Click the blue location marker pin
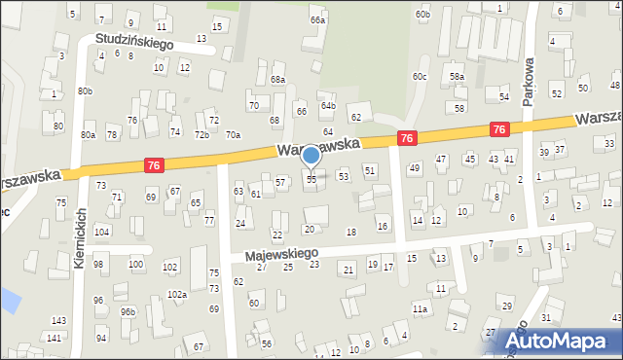311,156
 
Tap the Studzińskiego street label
133,44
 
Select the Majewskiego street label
282,252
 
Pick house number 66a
317,19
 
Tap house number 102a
177,294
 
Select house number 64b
328,105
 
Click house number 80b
86,91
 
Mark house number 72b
201,134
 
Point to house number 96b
128,311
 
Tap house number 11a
420,309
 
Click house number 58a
457,76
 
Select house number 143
58,320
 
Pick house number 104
101,232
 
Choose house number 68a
277,80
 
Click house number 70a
233,135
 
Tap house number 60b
421,14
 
